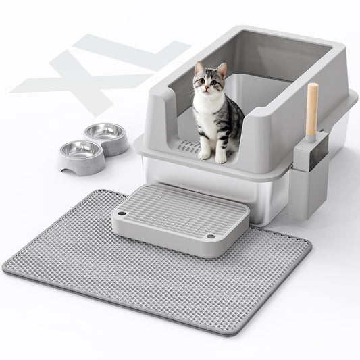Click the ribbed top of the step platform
tap(179, 209)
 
